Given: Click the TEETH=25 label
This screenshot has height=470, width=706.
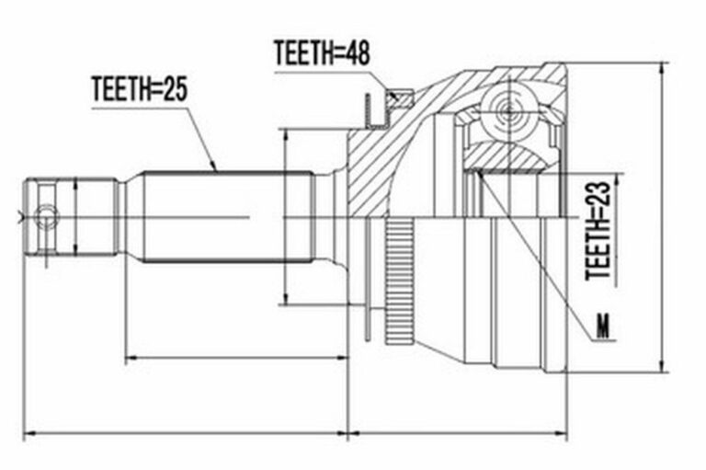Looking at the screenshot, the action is tap(139, 88).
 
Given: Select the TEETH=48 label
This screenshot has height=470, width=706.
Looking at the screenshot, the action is tap(322, 52).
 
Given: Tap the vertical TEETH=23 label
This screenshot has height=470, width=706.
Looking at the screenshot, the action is tap(598, 231).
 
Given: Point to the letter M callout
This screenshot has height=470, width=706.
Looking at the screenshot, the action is tap(602, 327).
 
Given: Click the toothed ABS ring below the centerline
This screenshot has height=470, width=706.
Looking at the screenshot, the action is tap(400, 281).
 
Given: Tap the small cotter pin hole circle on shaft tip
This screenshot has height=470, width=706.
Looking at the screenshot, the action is tap(46, 217).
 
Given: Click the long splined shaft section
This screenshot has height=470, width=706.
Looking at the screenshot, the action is tap(228, 217).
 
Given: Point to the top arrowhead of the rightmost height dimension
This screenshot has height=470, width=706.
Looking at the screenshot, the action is tap(662, 68).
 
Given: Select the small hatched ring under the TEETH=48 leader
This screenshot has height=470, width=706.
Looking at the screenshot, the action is tap(400, 98).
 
